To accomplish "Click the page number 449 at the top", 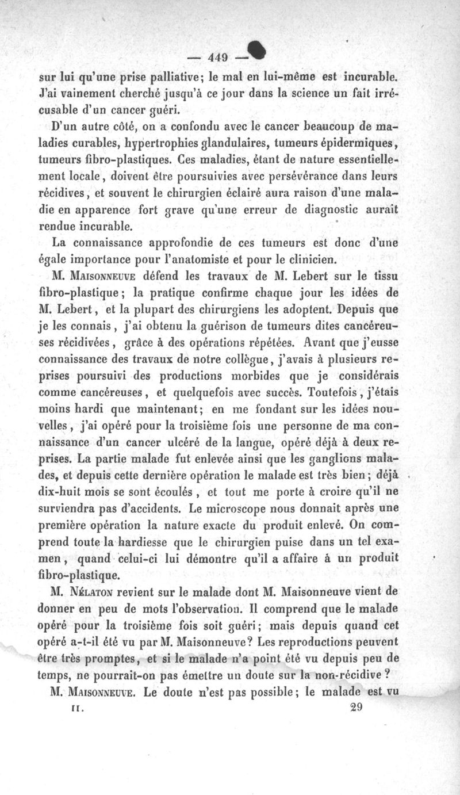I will pos(219,56).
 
